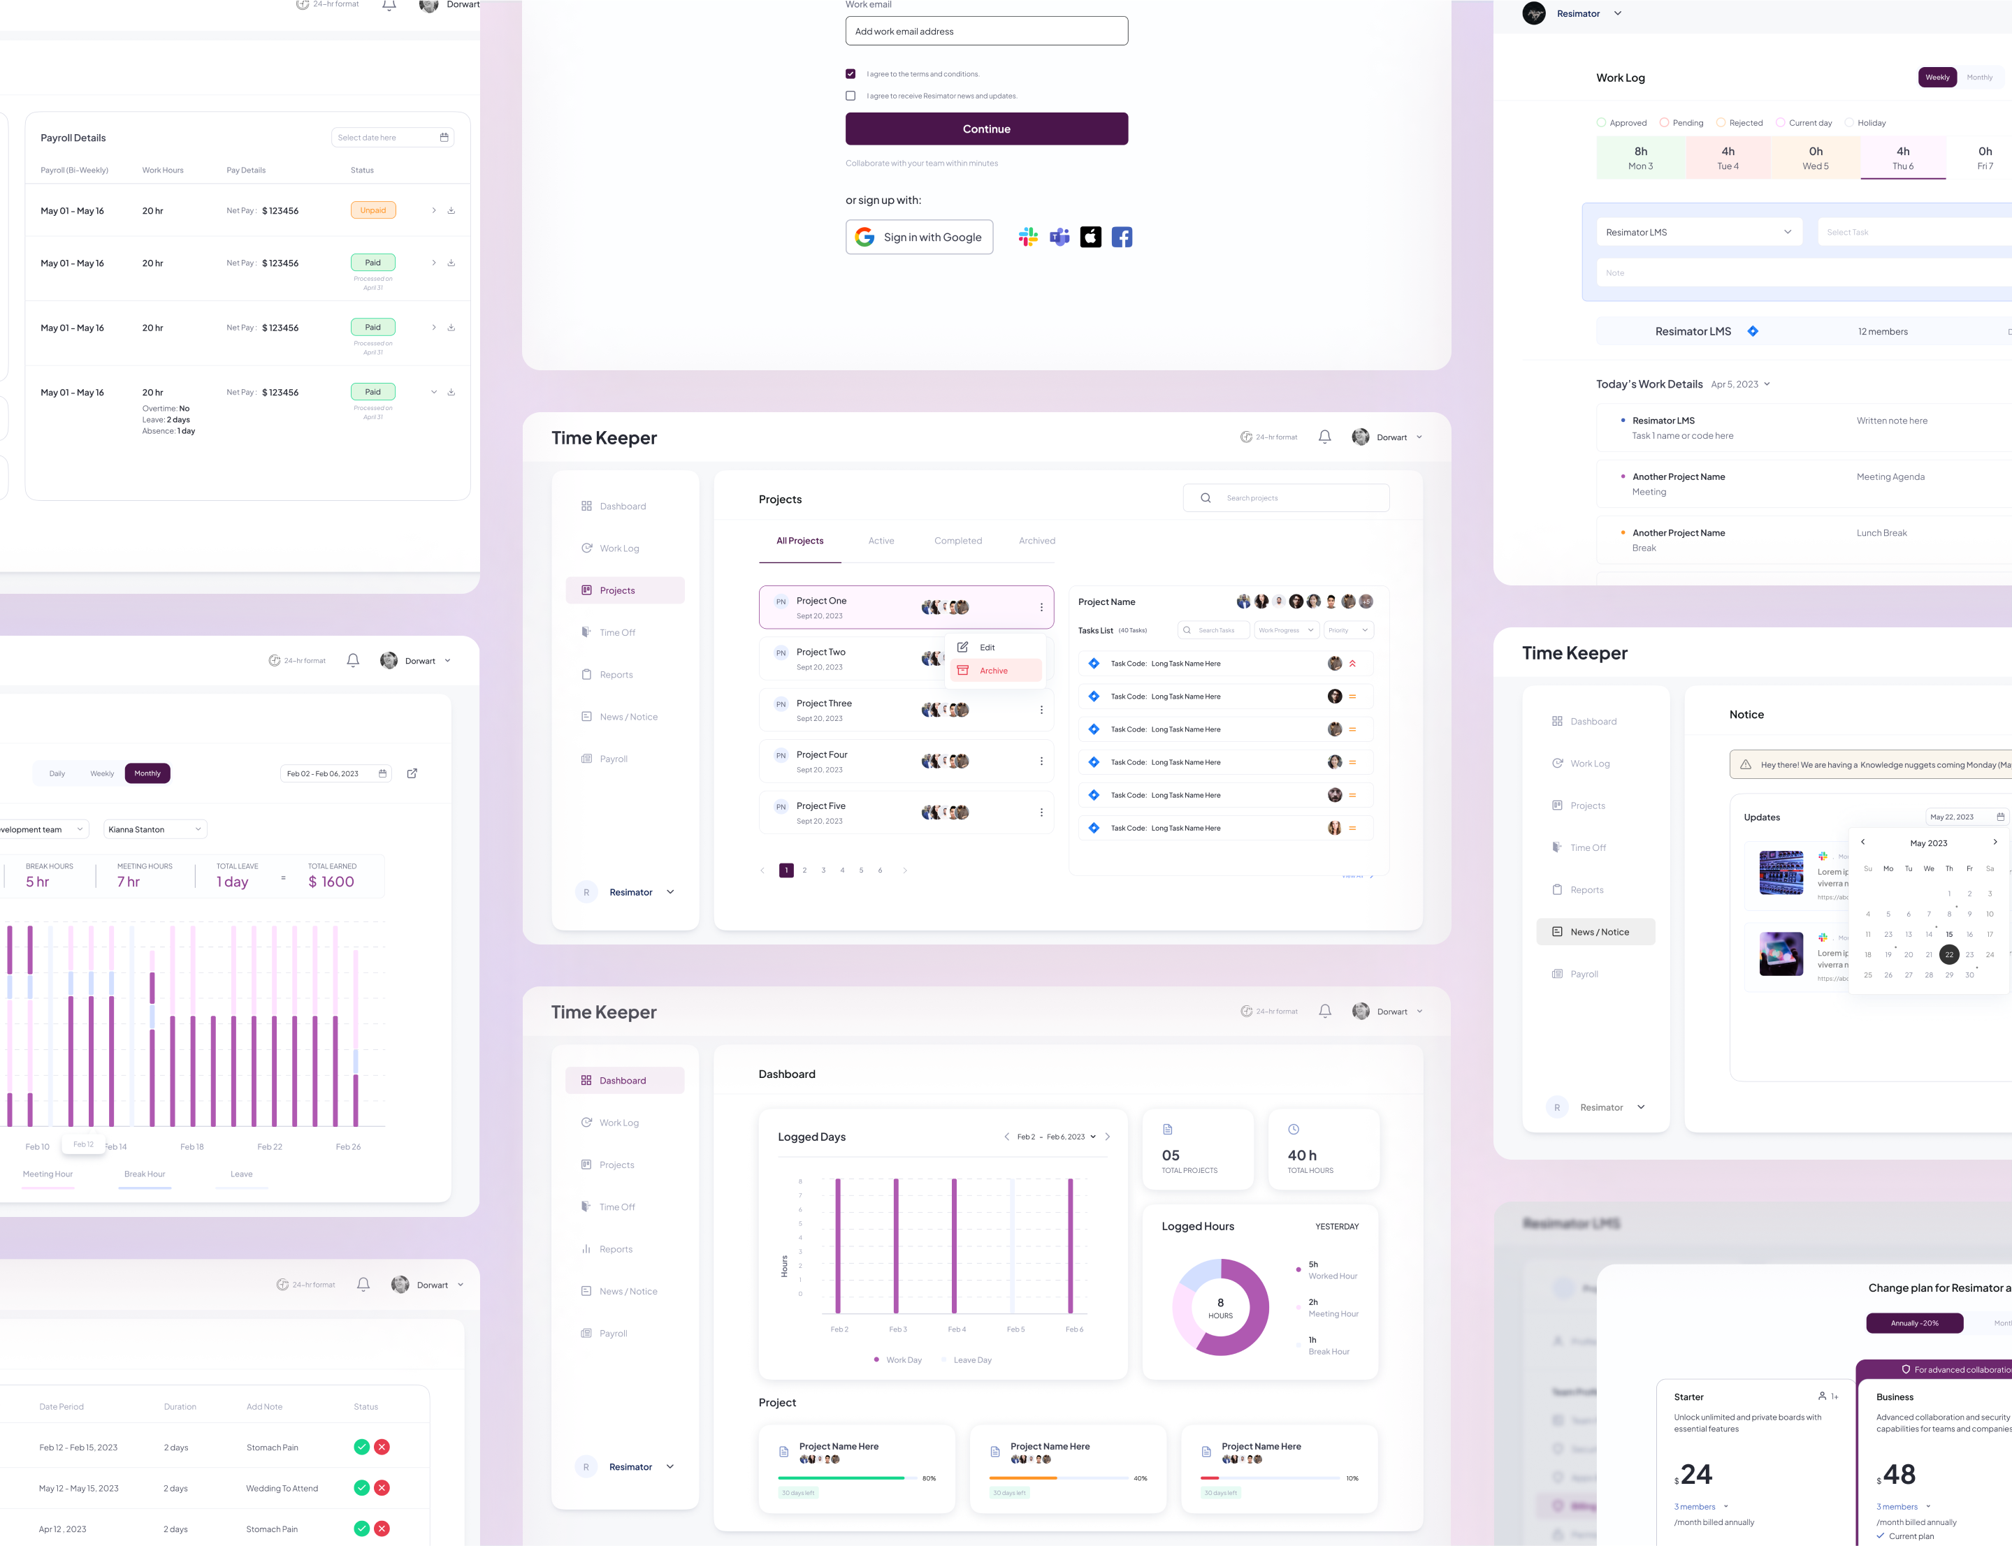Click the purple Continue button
coord(986,129)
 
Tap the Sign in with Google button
coord(918,238)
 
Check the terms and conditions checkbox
coord(851,73)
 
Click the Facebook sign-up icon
coord(1121,238)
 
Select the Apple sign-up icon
coord(1090,238)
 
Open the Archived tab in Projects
coord(1036,541)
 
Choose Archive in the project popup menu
coord(993,671)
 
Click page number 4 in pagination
coord(842,870)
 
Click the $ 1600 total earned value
coord(331,882)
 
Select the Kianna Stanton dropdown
coord(154,830)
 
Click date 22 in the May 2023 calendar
coord(1948,955)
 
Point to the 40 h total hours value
coord(1301,1155)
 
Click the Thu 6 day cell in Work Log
coord(1902,157)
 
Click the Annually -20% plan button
coord(1913,1323)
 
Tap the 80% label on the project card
coord(929,1479)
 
